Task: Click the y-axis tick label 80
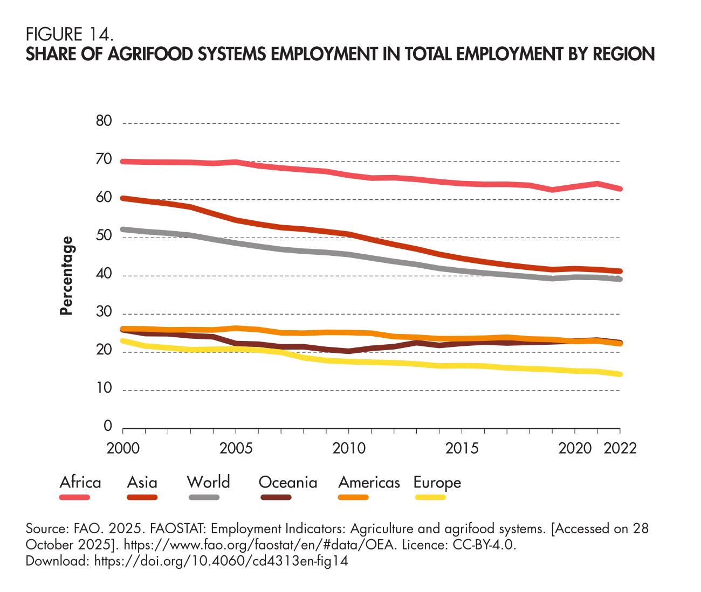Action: coord(105,122)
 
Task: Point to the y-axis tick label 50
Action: coord(105,236)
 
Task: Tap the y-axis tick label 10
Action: coord(105,389)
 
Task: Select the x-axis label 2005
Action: coord(236,449)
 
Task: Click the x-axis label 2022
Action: coord(619,449)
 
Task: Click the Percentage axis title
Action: coord(66,276)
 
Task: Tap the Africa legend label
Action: coord(80,482)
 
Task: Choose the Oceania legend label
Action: coord(288,482)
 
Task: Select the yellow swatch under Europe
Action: coord(430,497)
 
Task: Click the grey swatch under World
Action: coord(204,497)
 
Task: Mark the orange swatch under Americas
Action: coord(353,497)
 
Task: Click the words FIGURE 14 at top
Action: coord(70,35)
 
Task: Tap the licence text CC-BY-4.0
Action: coord(482,545)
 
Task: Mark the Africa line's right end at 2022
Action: coord(620,189)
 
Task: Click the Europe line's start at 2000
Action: coord(123,341)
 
